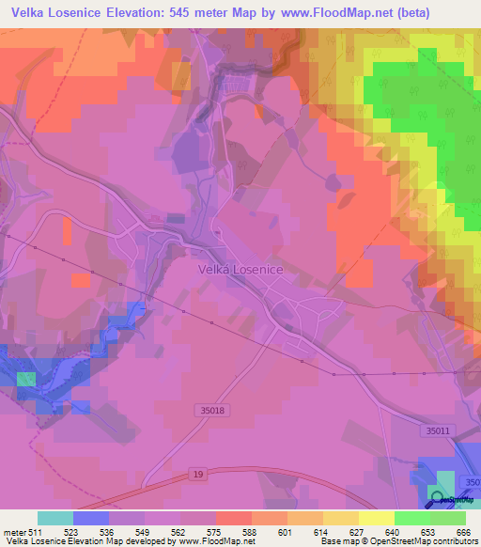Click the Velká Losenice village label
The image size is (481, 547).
coord(240,268)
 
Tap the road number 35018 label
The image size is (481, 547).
coord(212,411)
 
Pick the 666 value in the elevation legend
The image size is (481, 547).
coord(464,531)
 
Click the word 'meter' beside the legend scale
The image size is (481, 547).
coord(14,531)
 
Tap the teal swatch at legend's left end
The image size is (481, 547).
coord(55,518)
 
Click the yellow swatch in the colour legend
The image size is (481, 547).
coord(376,518)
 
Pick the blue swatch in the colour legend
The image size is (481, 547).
coord(91,518)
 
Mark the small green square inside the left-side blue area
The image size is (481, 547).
coord(26,379)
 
